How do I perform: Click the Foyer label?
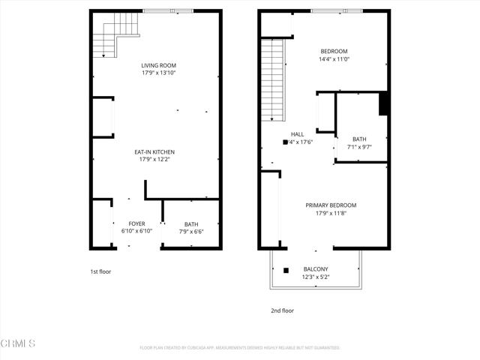pyautogui.click(x=136, y=223)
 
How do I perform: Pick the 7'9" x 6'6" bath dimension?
pyautogui.click(x=192, y=231)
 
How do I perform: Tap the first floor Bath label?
pyautogui.click(x=192, y=223)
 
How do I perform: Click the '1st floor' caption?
pyautogui.click(x=100, y=271)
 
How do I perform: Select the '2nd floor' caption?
pyautogui.click(x=283, y=310)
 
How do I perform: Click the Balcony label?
pyautogui.click(x=315, y=269)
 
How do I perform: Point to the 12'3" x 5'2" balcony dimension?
pyautogui.click(x=315, y=277)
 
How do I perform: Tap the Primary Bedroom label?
pyautogui.click(x=331, y=205)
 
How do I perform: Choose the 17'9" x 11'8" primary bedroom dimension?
pyautogui.click(x=331, y=213)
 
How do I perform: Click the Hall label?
pyautogui.click(x=298, y=134)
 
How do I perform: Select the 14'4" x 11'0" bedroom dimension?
pyautogui.click(x=334, y=58)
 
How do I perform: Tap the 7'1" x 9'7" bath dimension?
pyautogui.click(x=359, y=146)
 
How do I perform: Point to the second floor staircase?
pyautogui.click(x=273, y=80)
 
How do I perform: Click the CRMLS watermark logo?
pyautogui.click(x=19, y=343)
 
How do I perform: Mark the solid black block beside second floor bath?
pyautogui.click(x=383, y=103)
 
